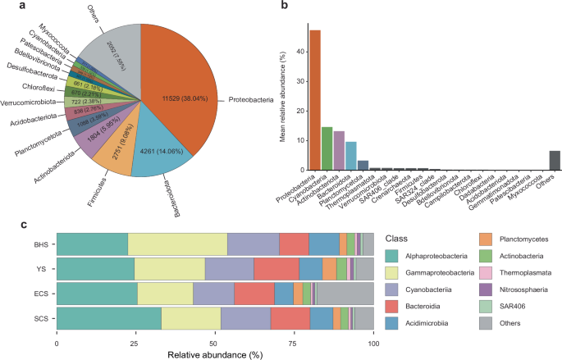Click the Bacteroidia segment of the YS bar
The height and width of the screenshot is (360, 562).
pos(276,269)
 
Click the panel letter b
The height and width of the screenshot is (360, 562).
pos(283,8)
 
